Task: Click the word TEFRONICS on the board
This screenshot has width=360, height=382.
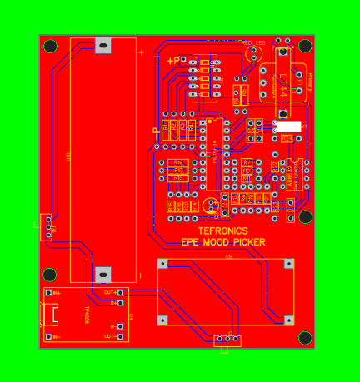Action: [222, 231]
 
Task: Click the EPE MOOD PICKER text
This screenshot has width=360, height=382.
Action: [223, 242]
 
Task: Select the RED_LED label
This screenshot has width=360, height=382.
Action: [252, 42]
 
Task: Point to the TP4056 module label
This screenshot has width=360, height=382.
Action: [87, 314]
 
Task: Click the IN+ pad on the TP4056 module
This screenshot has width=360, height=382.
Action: [47, 292]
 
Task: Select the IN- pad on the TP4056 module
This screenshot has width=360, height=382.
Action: [47, 336]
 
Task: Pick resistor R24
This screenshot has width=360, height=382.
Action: [287, 137]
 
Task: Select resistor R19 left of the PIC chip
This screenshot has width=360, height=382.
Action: [177, 162]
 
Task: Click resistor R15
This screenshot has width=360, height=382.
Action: [177, 178]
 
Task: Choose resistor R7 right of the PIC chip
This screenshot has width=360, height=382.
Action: [247, 162]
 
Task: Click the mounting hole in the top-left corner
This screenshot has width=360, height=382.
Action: [51, 46]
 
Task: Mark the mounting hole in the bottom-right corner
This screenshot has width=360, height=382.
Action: [305, 337]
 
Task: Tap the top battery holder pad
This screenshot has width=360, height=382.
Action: [103, 46]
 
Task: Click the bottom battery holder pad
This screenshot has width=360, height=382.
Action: [103, 274]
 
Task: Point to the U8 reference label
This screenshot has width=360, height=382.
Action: [228, 256]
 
